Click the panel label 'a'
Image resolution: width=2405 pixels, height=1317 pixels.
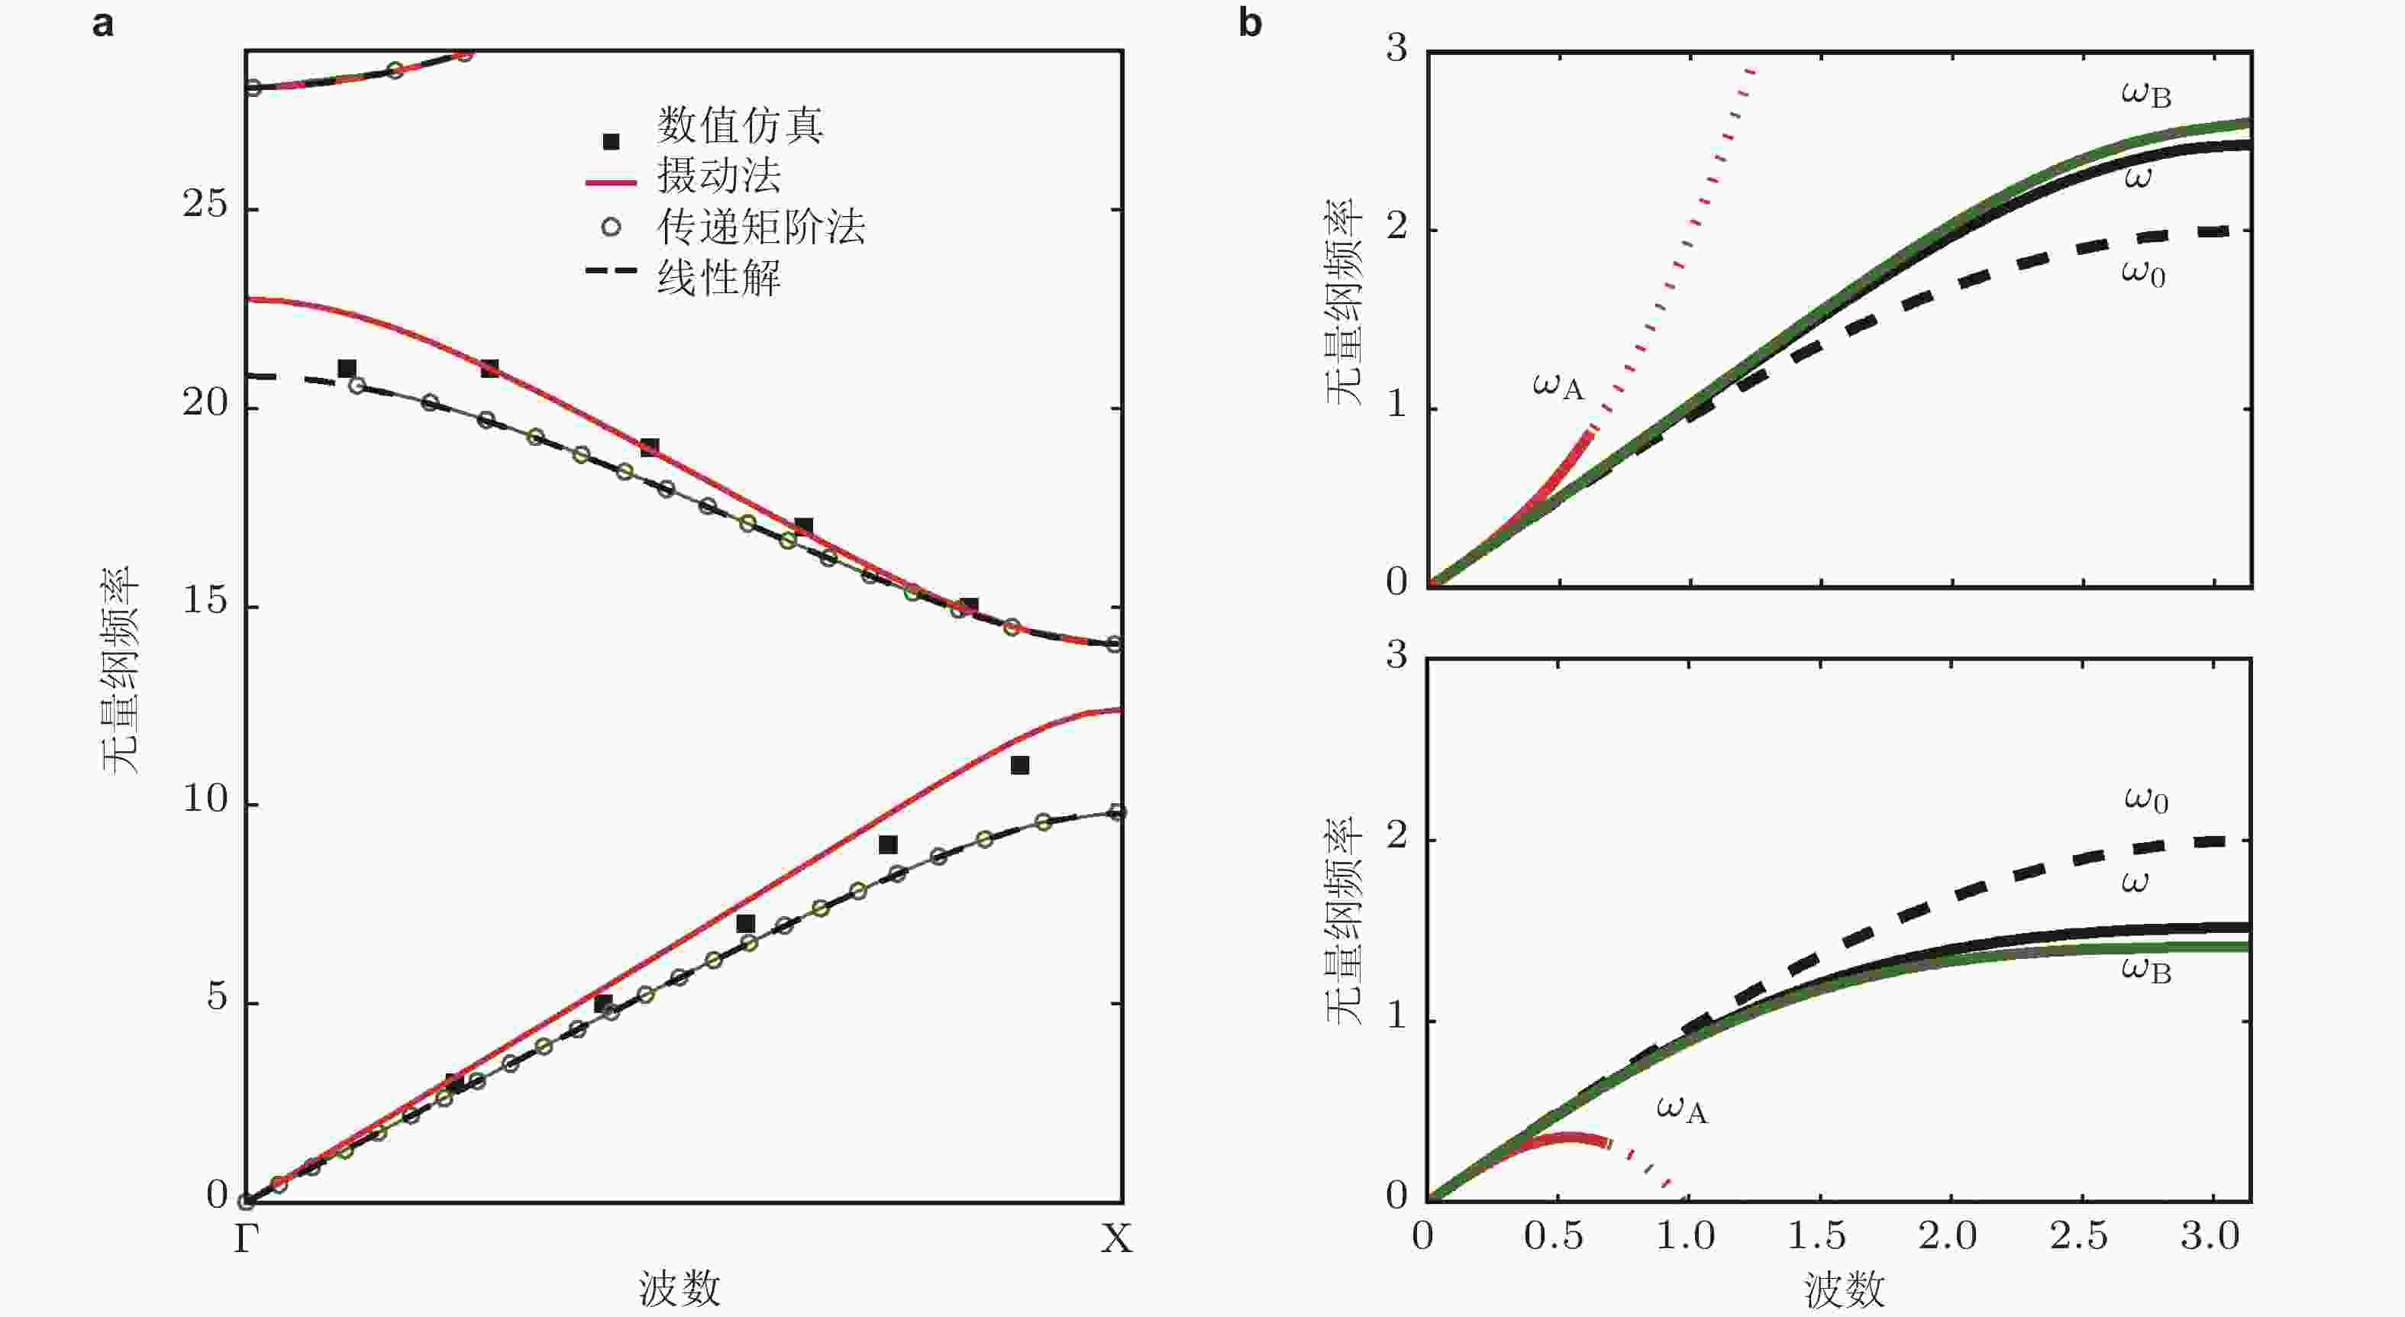[103, 24]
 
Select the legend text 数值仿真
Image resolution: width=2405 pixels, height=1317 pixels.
[739, 126]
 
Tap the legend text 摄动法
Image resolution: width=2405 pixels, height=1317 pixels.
[719, 176]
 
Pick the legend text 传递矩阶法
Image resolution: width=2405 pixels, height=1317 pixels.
[761, 227]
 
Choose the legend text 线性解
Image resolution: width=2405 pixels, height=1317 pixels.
[719, 278]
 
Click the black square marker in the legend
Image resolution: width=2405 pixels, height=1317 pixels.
[612, 142]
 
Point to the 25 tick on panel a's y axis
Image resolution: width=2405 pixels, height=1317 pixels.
[205, 205]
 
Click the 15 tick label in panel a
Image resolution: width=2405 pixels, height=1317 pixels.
[205, 602]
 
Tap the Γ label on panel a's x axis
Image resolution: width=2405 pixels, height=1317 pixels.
[246, 1241]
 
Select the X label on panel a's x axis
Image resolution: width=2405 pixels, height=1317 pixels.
[1116, 1241]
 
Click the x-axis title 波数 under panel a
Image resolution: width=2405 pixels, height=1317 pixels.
[680, 1288]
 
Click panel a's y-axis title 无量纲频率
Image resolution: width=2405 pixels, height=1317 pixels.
[120, 670]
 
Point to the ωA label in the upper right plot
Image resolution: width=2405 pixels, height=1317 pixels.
[1558, 385]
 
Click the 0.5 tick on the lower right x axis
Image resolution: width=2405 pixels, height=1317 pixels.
[1554, 1237]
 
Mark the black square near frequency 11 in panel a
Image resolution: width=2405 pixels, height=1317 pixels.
[1019, 765]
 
